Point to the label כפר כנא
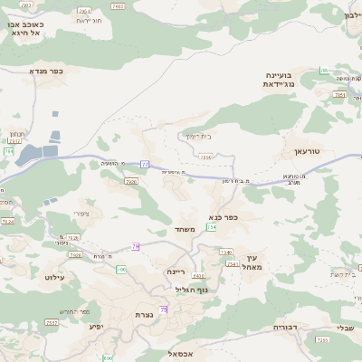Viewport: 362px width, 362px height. click(222, 216)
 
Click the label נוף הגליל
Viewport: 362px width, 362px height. click(193, 290)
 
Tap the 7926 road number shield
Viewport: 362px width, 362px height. click(131, 182)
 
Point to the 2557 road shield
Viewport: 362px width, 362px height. click(52, 322)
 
